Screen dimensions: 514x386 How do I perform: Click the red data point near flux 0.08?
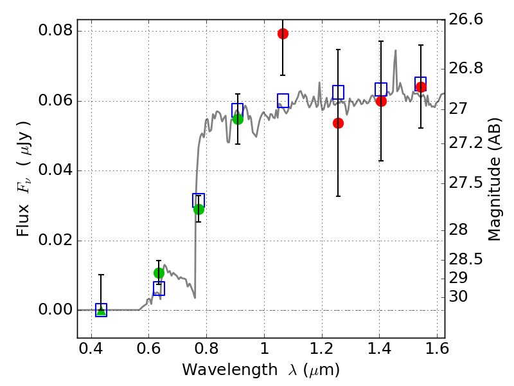coord(283,33)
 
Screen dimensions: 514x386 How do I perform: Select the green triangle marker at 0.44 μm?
coord(102,311)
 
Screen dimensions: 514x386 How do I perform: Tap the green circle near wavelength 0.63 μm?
coord(159,273)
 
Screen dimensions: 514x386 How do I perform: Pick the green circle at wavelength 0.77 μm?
coord(199,209)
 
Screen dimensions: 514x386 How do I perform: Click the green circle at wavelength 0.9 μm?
coord(238,119)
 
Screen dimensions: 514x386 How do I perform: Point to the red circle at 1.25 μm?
coord(339,123)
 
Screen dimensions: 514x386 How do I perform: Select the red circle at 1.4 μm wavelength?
coord(381,101)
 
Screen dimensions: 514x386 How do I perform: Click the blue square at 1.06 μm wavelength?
coord(283,100)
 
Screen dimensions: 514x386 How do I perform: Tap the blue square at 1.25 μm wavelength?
coord(339,92)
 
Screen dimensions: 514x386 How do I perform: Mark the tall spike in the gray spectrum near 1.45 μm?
coord(396,51)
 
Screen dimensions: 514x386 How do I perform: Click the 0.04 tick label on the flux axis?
coord(55,170)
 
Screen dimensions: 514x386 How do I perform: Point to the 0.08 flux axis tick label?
coord(55,30)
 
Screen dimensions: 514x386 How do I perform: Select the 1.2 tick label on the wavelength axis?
coord(322,348)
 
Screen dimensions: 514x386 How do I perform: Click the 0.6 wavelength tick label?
coord(149,348)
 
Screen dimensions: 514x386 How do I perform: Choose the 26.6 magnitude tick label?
coord(465,19)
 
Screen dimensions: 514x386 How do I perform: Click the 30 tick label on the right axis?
coord(458,297)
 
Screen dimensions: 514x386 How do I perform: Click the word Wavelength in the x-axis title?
coord(230,369)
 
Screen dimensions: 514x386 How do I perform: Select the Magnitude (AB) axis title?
coord(494,179)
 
